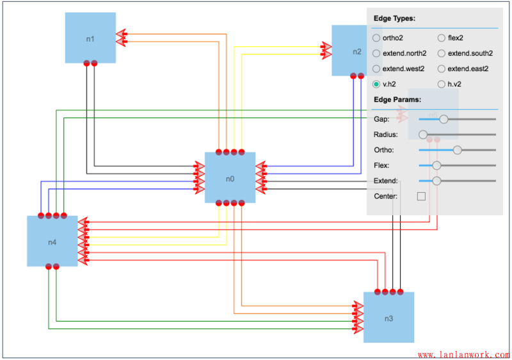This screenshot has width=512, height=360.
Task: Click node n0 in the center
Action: coord(230,177)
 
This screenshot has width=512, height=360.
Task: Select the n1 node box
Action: coord(90,38)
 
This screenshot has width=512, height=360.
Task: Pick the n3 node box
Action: coord(388,318)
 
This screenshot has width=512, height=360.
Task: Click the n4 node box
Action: coord(52,241)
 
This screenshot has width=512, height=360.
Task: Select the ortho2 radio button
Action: coord(376,38)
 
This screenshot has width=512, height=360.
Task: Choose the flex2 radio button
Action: coord(442,38)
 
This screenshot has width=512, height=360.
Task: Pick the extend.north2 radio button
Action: coord(376,53)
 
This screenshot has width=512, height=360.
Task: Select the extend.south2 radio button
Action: coord(442,53)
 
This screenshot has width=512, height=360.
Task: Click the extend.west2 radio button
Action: coord(376,69)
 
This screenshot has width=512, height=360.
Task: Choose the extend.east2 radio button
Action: coord(442,69)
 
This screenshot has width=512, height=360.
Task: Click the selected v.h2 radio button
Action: coord(376,84)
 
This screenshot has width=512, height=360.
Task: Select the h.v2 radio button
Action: coord(442,84)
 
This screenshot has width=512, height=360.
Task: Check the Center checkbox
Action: coord(421,196)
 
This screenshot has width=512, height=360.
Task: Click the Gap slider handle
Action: coord(444,119)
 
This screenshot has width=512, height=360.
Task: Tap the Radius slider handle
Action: coord(423,135)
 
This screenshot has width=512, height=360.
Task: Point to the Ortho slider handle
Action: coord(457,150)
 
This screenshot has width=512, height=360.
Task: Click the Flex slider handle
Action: coord(436,165)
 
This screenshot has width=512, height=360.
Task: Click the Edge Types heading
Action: coord(394,19)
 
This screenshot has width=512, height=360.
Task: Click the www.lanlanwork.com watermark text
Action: coord(463,354)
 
